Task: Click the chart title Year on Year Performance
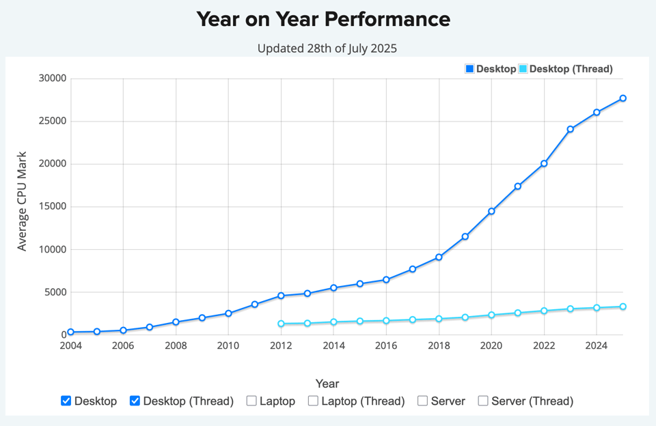[x=323, y=19]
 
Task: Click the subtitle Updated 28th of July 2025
[x=327, y=48]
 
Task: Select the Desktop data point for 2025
[x=623, y=98]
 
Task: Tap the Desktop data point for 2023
[x=571, y=129]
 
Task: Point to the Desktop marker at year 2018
[x=439, y=257]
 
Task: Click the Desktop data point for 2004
[x=70, y=332]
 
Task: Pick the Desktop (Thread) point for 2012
[x=281, y=324]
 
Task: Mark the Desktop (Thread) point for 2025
[x=623, y=307]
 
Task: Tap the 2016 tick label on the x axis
[x=386, y=345]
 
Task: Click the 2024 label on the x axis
[x=597, y=345]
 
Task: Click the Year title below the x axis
[x=327, y=384]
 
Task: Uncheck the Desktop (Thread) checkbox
[x=135, y=401]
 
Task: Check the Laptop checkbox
[x=251, y=401]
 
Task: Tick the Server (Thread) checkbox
[x=483, y=401]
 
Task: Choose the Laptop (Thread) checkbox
[x=313, y=401]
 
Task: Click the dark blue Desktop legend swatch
[x=469, y=69]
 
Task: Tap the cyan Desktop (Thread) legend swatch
[x=523, y=69]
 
